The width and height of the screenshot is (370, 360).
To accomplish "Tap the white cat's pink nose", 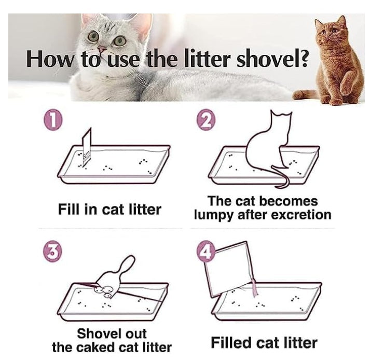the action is [102, 49].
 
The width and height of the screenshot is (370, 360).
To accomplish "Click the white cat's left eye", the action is [93, 36].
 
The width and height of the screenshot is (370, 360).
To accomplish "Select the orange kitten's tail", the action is [305, 95].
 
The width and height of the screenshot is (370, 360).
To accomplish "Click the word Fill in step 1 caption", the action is [68, 209].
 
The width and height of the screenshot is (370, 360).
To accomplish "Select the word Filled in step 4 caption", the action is [231, 343].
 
